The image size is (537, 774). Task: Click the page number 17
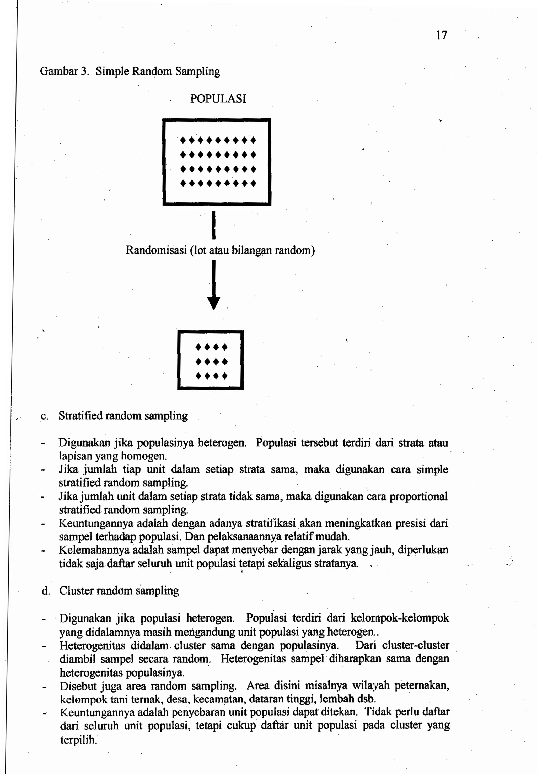[x=442, y=35]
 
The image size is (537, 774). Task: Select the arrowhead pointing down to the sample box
[x=214, y=303]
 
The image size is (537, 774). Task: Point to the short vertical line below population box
[x=214, y=224]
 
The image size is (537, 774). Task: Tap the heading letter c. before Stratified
[x=44, y=416]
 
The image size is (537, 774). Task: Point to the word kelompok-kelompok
[x=399, y=618]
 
